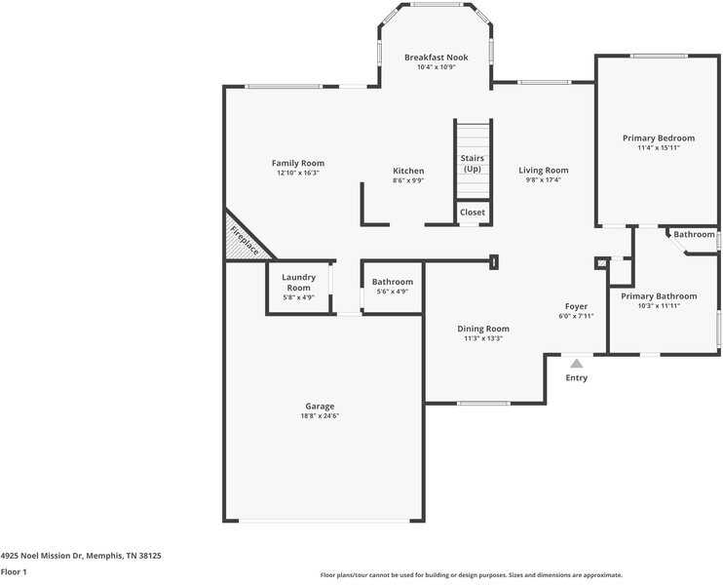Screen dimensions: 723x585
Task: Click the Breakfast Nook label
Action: click(437, 58)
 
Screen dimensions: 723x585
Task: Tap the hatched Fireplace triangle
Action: click(241, 242)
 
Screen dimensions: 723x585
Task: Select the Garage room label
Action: click(320, 406)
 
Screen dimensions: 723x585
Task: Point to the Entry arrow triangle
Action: click(577, 364)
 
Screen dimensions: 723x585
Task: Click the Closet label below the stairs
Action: click(473, 213)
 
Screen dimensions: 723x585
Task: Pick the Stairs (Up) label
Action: click(473, 164)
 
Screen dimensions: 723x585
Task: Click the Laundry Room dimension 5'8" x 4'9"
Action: click(299, 297)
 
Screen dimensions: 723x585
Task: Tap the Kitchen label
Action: click(408, 171)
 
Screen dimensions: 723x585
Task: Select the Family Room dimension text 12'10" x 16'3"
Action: click(298, 173)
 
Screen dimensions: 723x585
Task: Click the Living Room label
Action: click(543, 171)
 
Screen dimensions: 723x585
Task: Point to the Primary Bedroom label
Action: click(659, 137)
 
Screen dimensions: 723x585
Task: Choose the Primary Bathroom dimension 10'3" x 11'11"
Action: click(659, 306)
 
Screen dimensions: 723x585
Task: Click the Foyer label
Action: click(576, 306)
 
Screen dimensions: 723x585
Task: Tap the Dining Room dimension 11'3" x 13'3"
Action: click(483, 338)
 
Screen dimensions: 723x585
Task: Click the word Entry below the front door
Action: click(577, 378)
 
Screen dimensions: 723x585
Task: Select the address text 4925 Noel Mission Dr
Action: click(41, 556)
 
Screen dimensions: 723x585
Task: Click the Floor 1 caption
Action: click(14, 572)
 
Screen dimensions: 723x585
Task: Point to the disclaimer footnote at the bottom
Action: click(472, 575)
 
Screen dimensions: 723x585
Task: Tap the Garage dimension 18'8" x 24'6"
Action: click(320, 416)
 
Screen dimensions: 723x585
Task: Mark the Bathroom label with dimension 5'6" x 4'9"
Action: click(393, 282)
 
